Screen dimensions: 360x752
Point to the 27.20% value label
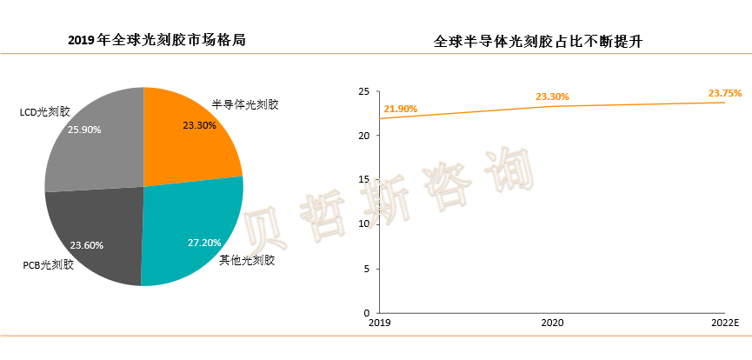204,242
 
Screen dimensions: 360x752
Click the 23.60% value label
86,245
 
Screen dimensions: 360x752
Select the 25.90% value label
84,130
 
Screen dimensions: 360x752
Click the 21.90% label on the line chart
401,109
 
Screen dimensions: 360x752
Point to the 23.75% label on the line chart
724,93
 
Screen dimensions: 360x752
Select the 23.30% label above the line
552,97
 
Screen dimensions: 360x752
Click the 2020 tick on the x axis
552,323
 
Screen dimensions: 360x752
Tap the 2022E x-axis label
723,323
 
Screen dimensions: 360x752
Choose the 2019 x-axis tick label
380,323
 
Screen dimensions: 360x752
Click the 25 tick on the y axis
364,91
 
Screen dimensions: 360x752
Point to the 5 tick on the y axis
367,269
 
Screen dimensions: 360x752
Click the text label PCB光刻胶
48,264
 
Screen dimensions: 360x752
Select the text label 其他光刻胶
248,259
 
